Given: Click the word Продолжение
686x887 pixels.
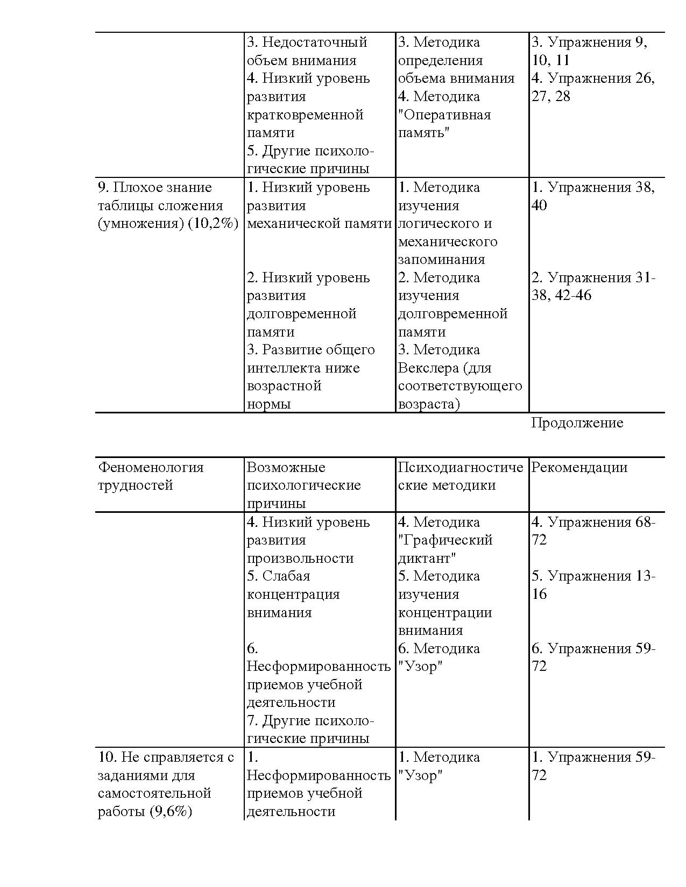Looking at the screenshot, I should [x=577, y=423].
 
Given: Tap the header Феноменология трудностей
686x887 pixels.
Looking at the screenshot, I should [x=151, y=476].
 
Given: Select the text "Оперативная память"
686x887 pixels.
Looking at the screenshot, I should [x=444, y=124].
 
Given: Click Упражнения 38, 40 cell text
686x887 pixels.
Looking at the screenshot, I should [x=592, y=196].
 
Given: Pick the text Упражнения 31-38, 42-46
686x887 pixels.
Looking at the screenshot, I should [x=592, y=287].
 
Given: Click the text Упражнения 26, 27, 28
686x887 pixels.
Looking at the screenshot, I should [x=592, y=87].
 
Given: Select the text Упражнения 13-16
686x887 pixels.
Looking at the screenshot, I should [x=592, y=585].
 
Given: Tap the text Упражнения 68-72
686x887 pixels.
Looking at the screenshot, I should [x=592, y=531].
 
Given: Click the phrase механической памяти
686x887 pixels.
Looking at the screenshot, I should [x=319, y=224].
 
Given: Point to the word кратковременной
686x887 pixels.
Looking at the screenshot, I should [x=305, y=115].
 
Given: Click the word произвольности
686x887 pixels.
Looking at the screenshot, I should [x=300, y=559].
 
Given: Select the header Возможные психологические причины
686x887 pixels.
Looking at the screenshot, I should [x=303, y=485].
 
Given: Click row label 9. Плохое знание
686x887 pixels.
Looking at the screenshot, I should [x=155, y=188].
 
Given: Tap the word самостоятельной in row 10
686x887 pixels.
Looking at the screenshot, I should [x=154, y=793].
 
